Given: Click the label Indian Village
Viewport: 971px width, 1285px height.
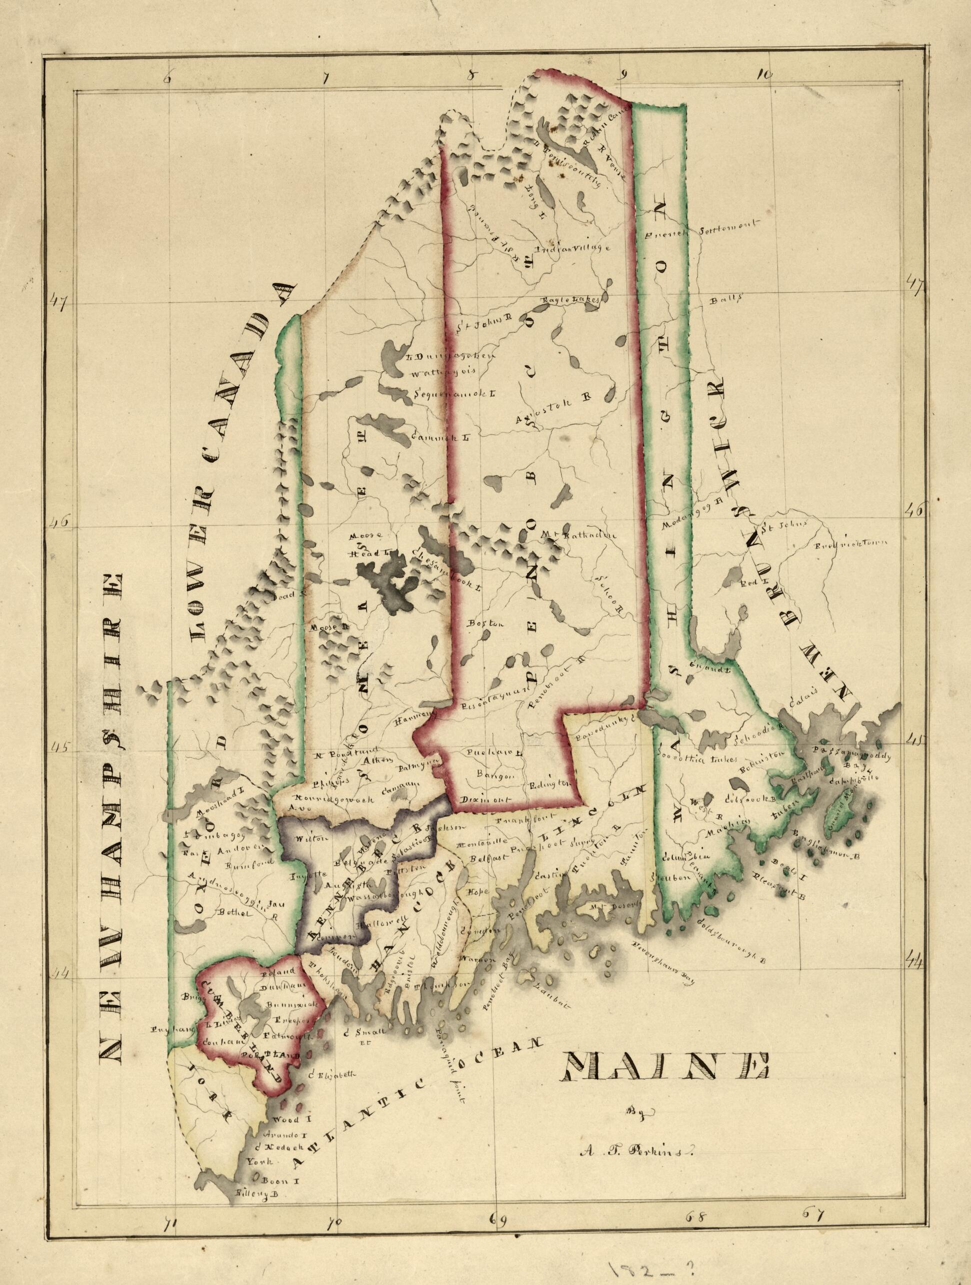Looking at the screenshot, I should (x=572, y=250).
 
